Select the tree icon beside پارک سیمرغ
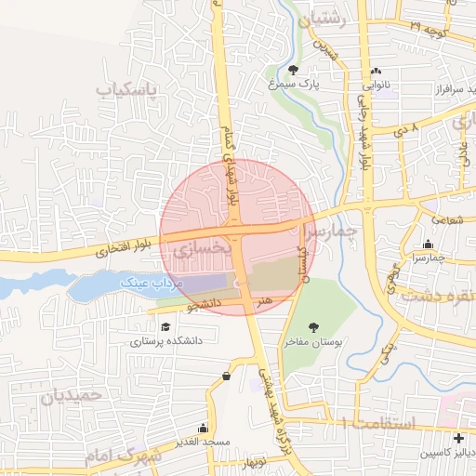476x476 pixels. (295, 70)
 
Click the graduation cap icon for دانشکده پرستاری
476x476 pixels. (165, 326)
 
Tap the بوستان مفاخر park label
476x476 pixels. (313, 343)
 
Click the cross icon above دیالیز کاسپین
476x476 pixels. (458, 438)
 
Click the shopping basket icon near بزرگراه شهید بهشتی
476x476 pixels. (227, 376)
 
